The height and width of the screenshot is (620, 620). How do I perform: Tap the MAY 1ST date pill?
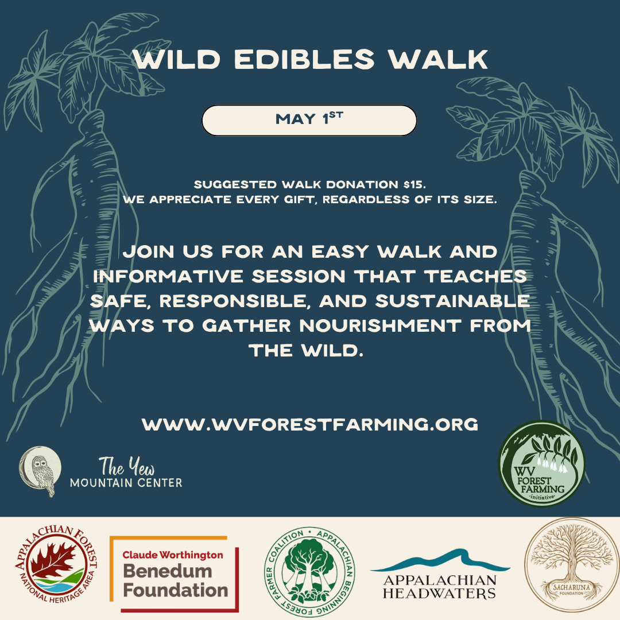tap(309, 120)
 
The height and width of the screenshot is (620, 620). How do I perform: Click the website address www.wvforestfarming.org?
tap(310, 425)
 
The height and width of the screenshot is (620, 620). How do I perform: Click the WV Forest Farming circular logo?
tap(541, 463)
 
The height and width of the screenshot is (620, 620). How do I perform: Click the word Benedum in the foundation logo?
tap(167, 572)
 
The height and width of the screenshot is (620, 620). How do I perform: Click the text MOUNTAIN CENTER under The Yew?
tap(126, 483)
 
